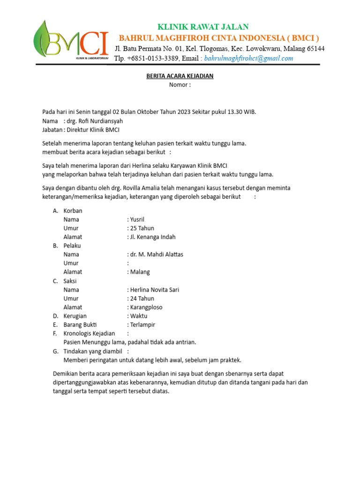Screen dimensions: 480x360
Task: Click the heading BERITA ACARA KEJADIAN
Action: [180, 76]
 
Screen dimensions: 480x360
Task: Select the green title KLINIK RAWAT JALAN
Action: [203, 27]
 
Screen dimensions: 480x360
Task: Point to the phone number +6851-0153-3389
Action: [152, 58]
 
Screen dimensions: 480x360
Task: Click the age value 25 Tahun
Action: [142, 228]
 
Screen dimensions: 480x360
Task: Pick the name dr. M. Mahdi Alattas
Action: [157, 255]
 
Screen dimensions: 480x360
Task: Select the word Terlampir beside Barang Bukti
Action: [142, 325]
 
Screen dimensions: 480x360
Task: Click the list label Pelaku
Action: [73, 246]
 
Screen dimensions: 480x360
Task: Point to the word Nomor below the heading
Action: [178, 85]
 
